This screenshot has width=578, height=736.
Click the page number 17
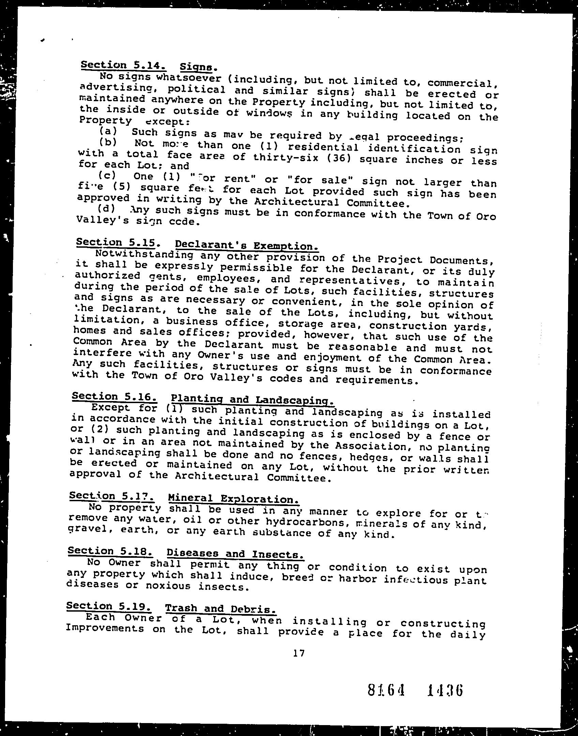click(x=298, y=653)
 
